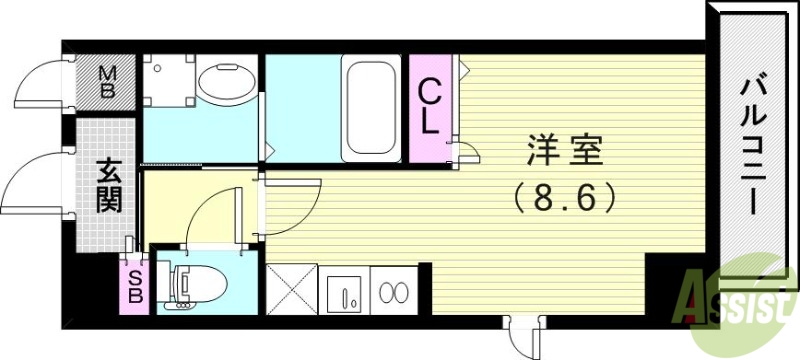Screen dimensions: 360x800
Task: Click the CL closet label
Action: [428, 109]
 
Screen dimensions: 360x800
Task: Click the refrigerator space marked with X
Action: [291, 290]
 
